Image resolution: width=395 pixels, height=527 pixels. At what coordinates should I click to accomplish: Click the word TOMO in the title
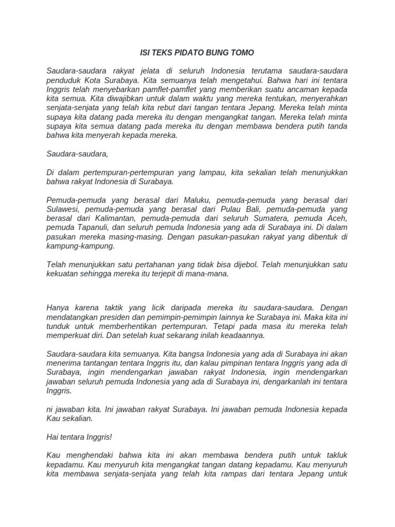[243, 53]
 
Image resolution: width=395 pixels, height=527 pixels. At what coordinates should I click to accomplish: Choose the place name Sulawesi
[63, 209]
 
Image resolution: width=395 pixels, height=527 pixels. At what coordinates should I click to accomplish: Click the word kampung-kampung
[80, 246]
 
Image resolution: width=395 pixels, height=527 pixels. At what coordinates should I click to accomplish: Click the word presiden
[113, 317]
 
